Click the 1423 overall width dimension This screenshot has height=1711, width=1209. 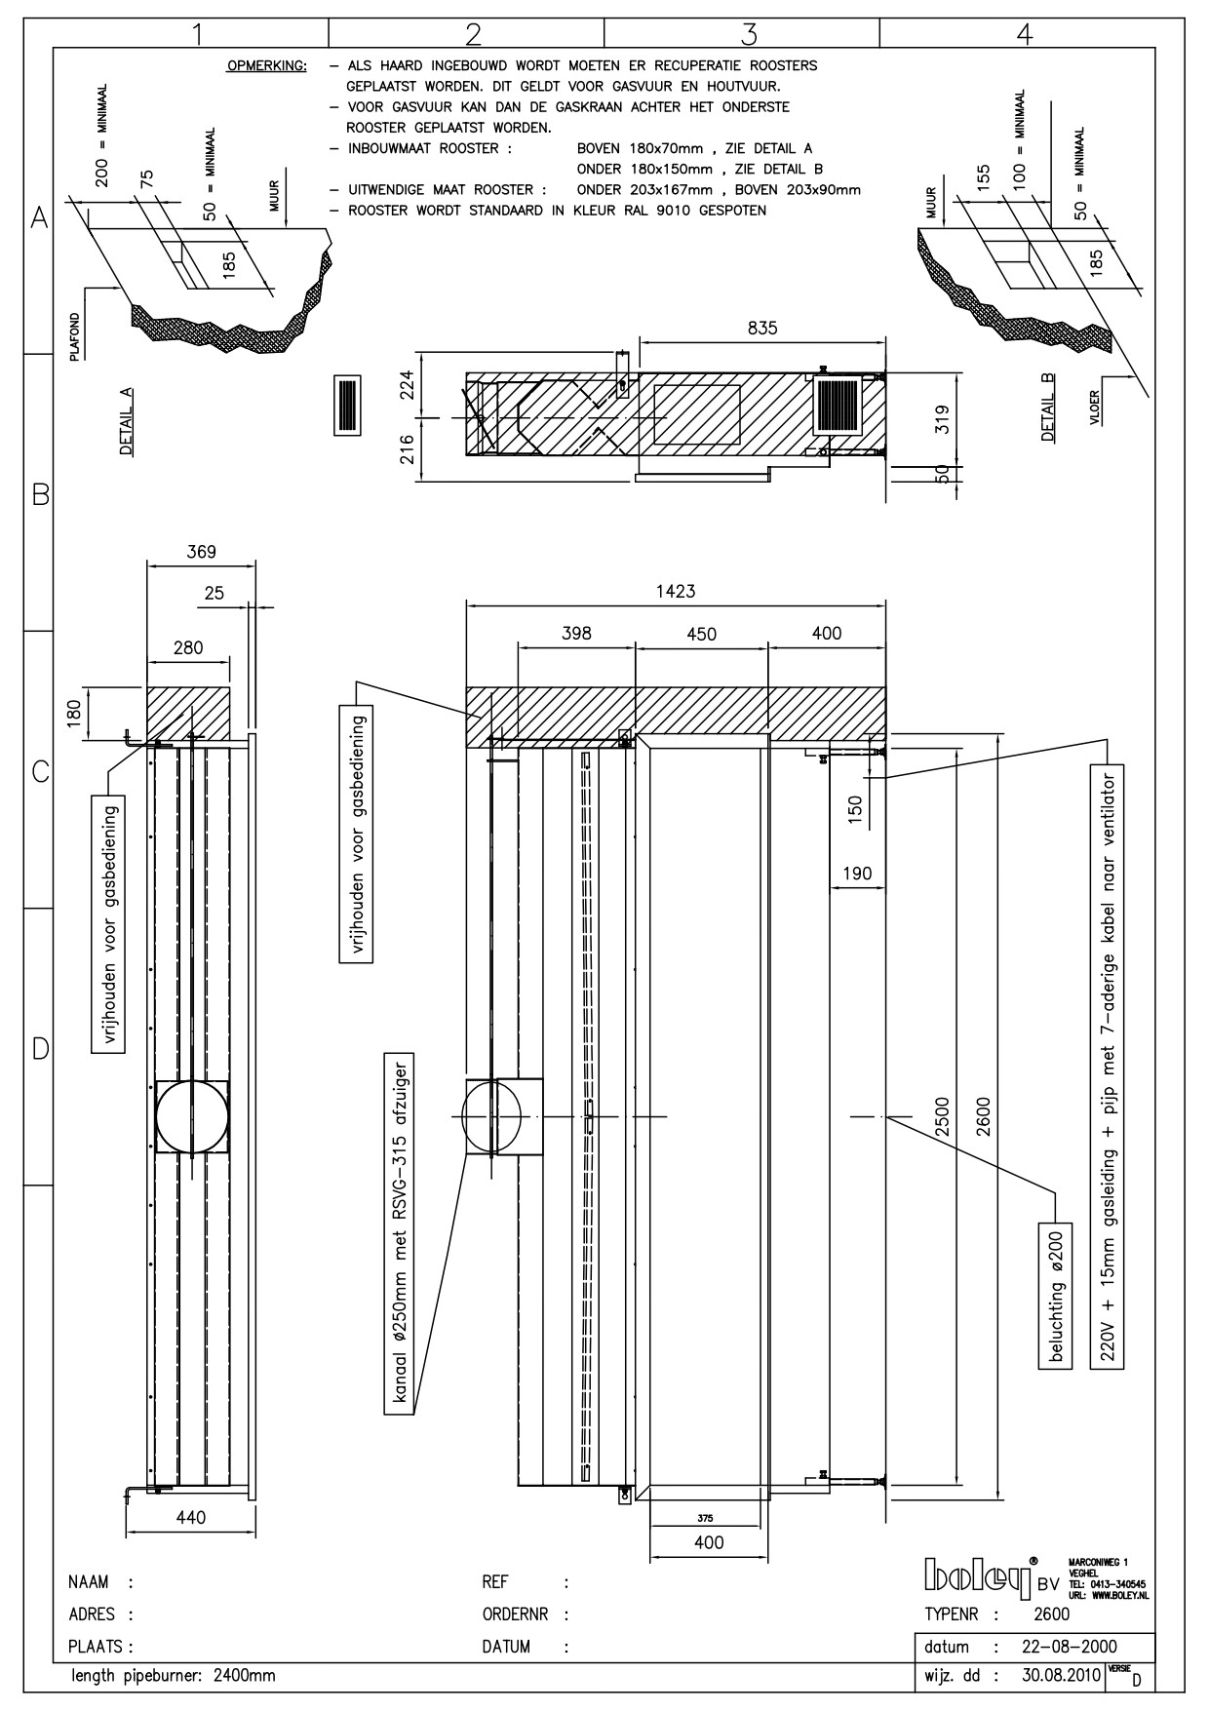tap(676, 592)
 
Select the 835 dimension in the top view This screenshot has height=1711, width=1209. tap(762, 329)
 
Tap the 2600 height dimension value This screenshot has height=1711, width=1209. tap(984, 1116)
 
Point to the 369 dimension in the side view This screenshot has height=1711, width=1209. tap(201, 552)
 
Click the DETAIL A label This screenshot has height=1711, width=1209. tap(127, 421)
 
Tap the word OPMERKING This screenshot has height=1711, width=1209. tap(266, 66)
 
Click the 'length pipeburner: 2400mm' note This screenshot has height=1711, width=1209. tap(173, 1677)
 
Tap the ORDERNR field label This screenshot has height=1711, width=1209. tap(517, 1614)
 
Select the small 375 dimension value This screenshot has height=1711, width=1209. tap(705, 1518)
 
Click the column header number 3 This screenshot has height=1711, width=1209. tap(749, 34)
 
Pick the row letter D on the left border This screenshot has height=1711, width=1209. tap(40, 1049)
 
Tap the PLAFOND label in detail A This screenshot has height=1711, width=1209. tap(74, 336)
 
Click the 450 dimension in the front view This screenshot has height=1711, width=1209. tap(701, 634)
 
